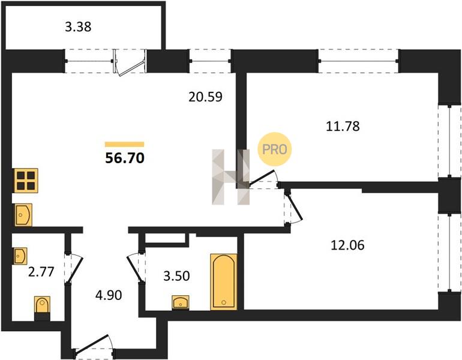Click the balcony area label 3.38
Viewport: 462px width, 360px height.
[x=78, y=27]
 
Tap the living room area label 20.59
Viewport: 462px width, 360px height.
[x=205, y=97]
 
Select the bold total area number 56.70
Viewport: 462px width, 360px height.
[x=125, y=158]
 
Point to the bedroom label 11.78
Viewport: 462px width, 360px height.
[x=343, y=126]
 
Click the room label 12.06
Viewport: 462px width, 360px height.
[x=347, y=245]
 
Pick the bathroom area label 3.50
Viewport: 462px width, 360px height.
[x=176, y=276]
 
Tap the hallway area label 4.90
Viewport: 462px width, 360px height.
[x=109, y=295]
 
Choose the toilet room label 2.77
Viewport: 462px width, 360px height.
[x=41, y=272]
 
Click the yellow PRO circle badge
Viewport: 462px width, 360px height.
[x=275, y=149]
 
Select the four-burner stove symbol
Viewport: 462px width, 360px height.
[x=25, y=180]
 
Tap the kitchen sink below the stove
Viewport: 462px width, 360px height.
[x=22, y=215]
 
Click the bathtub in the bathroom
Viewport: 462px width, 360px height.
[x=224, y=281]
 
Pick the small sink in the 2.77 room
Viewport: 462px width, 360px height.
[x=20, y=256]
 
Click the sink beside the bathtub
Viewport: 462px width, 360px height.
[x=181, y=302]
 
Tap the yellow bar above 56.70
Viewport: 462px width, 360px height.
[x=125, y=144]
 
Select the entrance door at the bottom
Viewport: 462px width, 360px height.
[x=94, y=344]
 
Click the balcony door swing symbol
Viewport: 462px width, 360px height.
[x=130, y=63]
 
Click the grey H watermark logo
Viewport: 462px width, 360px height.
[x=231, y=177]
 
